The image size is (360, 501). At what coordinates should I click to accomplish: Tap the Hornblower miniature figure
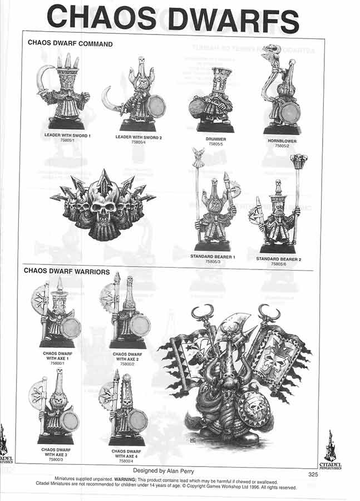[280, 92]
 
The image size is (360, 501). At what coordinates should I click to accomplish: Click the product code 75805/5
[215, 144]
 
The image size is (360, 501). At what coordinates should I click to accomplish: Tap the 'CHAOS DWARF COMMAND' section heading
[70, 43]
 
